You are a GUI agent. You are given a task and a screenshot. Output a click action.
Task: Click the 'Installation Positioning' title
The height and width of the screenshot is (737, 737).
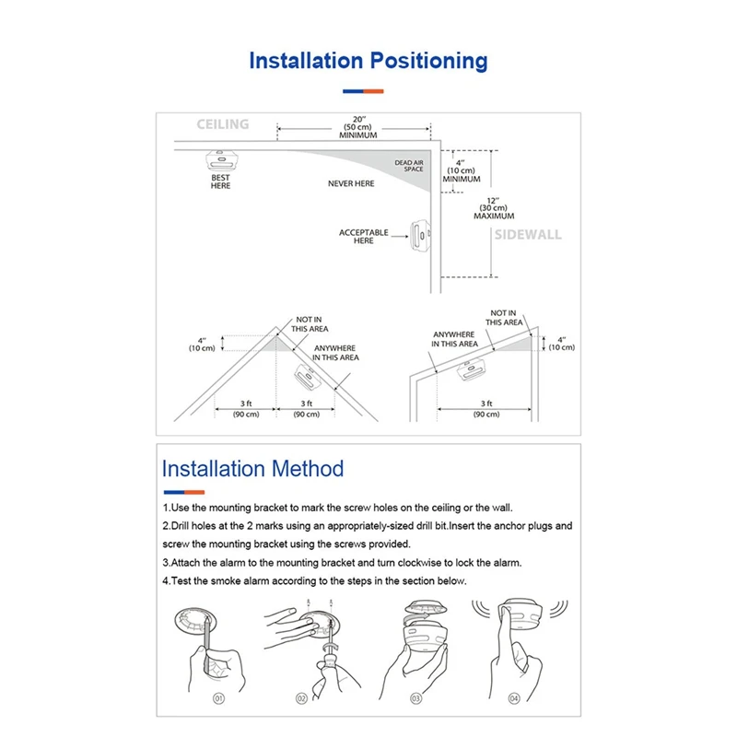coord(368,62)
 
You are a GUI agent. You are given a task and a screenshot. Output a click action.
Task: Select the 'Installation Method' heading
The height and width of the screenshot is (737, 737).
coord(252,468)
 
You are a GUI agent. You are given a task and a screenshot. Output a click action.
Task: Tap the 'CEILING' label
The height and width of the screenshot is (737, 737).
coord(223,124)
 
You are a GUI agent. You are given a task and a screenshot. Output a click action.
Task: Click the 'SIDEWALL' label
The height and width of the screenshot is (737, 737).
coord(527,235)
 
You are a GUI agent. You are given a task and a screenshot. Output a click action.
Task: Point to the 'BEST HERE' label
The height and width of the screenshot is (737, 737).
coord(220,181)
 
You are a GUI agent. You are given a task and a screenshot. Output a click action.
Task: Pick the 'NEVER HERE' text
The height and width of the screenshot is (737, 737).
coord(351,184)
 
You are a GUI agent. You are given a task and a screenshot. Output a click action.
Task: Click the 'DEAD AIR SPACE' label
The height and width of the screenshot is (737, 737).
coord(409,165)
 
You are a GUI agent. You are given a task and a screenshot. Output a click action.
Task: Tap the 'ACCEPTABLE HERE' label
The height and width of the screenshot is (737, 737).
coord(364,237)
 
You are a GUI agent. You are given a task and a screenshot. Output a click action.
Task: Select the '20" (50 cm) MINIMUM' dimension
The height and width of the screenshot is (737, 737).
coord(358,127)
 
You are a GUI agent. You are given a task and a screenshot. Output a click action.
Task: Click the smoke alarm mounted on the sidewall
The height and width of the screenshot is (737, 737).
coord(420,234)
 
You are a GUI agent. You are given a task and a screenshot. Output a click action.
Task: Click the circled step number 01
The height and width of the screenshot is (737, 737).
coord(219,698)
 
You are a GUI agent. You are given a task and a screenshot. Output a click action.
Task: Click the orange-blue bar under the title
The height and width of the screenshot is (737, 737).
coord(363,91)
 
